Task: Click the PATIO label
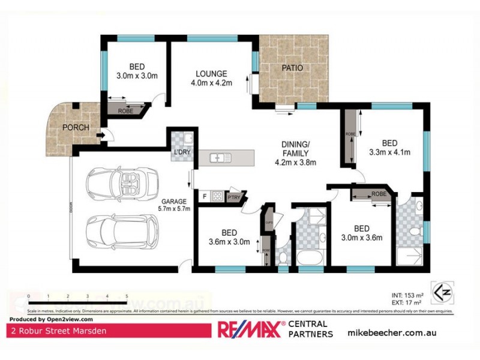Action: tap(292, 68)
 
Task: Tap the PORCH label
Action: tap(76, 127)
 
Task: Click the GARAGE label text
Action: tap(174, 201)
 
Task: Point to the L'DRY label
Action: tap(181, 153)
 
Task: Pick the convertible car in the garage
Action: tap(122, 182)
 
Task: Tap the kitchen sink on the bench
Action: tap(221, 158)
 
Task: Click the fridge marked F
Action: tap(204, 196)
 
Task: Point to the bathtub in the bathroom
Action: tap(310, 258)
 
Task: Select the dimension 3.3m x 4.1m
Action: tap(389, 152)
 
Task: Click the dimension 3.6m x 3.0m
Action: tap(229, 242)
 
